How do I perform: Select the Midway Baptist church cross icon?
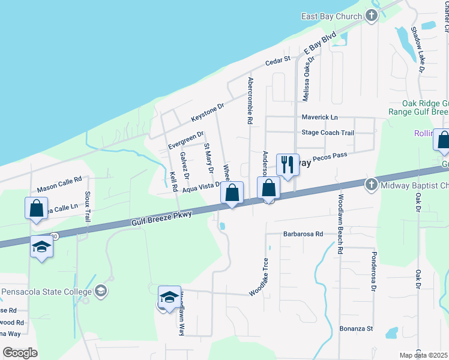[x=371, y=184]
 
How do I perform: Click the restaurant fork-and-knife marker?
[x=288, y=164]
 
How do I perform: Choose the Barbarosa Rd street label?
[x=303, y=234]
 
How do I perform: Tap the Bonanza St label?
[x=357, y=329]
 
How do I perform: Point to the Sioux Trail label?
[x=87, y=207]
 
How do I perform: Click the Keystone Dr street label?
[x=207, y=110]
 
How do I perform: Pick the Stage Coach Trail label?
[x=328, y=133]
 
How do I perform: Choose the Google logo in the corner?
[x=20, y=353]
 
